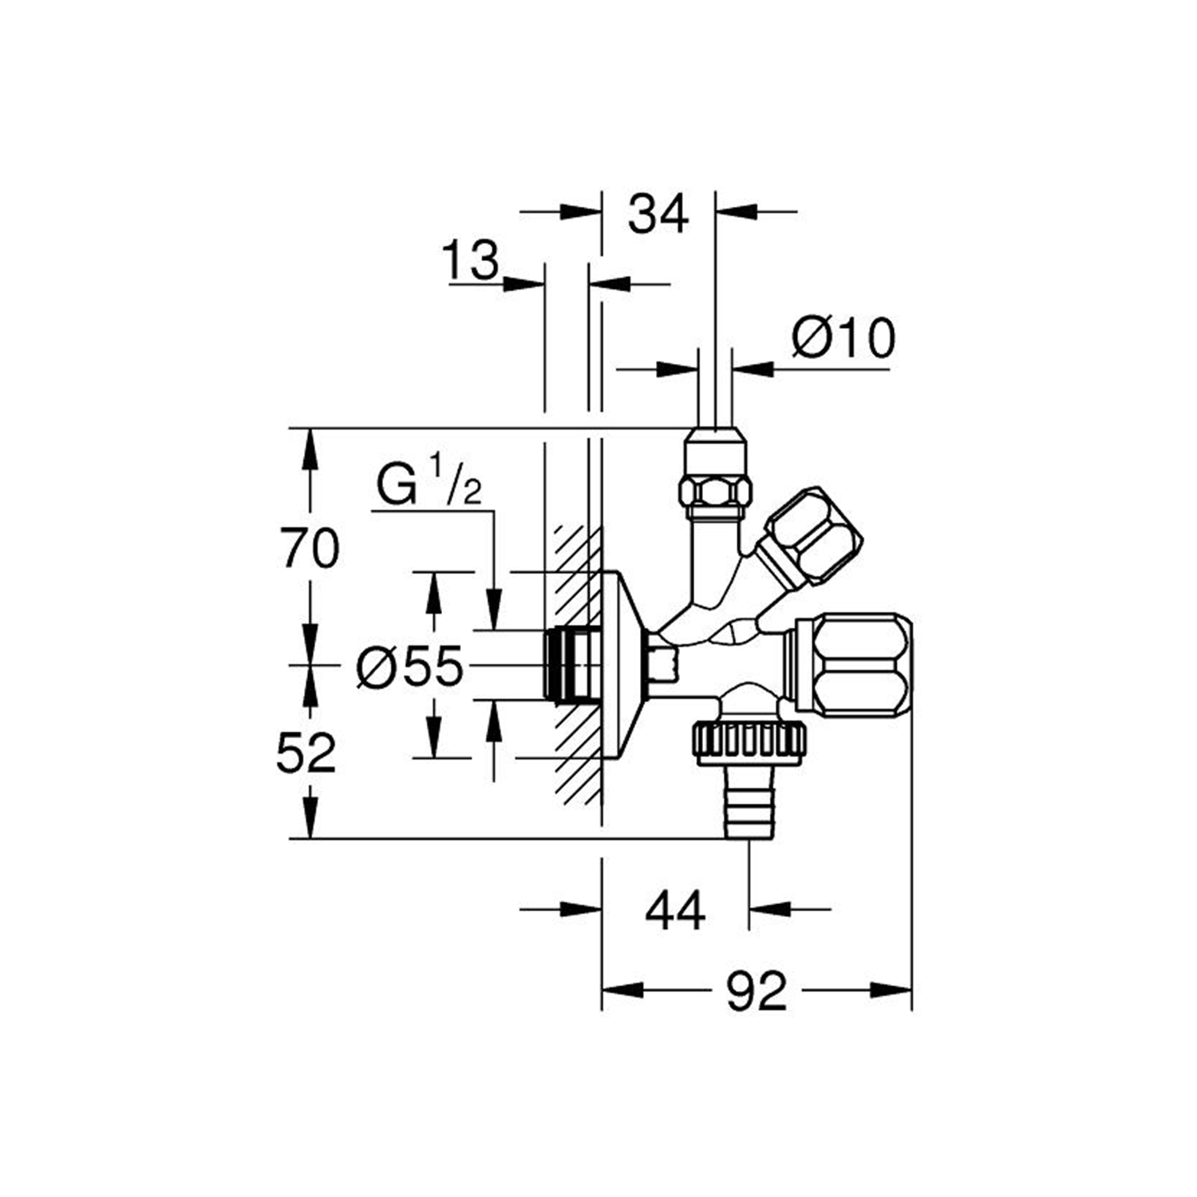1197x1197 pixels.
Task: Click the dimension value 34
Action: click(x=658, y=214)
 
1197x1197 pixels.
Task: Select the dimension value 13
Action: click(x=471, y=260)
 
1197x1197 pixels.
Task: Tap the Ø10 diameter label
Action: click(x=843, y=338)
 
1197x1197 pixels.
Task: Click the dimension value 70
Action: click(x=310, y=549)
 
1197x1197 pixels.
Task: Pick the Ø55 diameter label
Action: click(x=409, y=666)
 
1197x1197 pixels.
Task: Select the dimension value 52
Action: click(x=306, y=753)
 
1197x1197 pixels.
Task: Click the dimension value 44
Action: click(x=675, y=911)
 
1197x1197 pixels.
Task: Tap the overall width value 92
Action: click(x=756, y=992)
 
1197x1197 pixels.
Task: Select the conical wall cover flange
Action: click(x=622, y=664)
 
